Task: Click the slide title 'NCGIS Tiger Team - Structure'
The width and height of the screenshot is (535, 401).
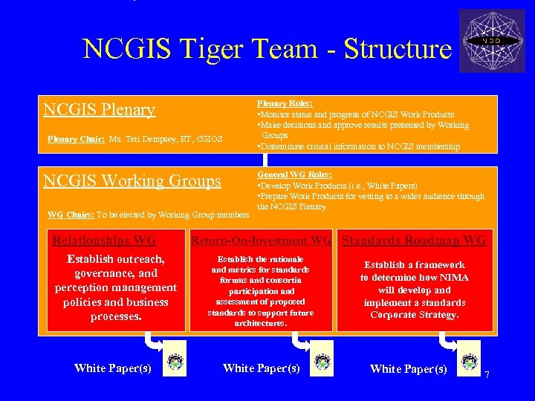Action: click(267, 49)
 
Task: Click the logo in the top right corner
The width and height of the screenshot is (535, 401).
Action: click(492, 41)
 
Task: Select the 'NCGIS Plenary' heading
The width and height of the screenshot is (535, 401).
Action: click(99, 110)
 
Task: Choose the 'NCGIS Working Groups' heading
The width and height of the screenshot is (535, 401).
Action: click(132, 181)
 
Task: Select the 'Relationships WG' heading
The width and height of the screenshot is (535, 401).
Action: click(104, 240)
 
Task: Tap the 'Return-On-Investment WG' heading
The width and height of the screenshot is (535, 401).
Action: click(261, 241)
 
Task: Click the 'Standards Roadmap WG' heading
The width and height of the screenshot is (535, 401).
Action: click(414, 240)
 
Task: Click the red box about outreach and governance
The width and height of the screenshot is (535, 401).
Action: click(116, 288)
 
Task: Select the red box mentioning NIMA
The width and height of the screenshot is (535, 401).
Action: click(414, 290)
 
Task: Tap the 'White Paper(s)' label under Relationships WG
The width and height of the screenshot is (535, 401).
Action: click(112, 368)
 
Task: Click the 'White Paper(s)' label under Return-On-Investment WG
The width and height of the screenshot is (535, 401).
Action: click(261, 368)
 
